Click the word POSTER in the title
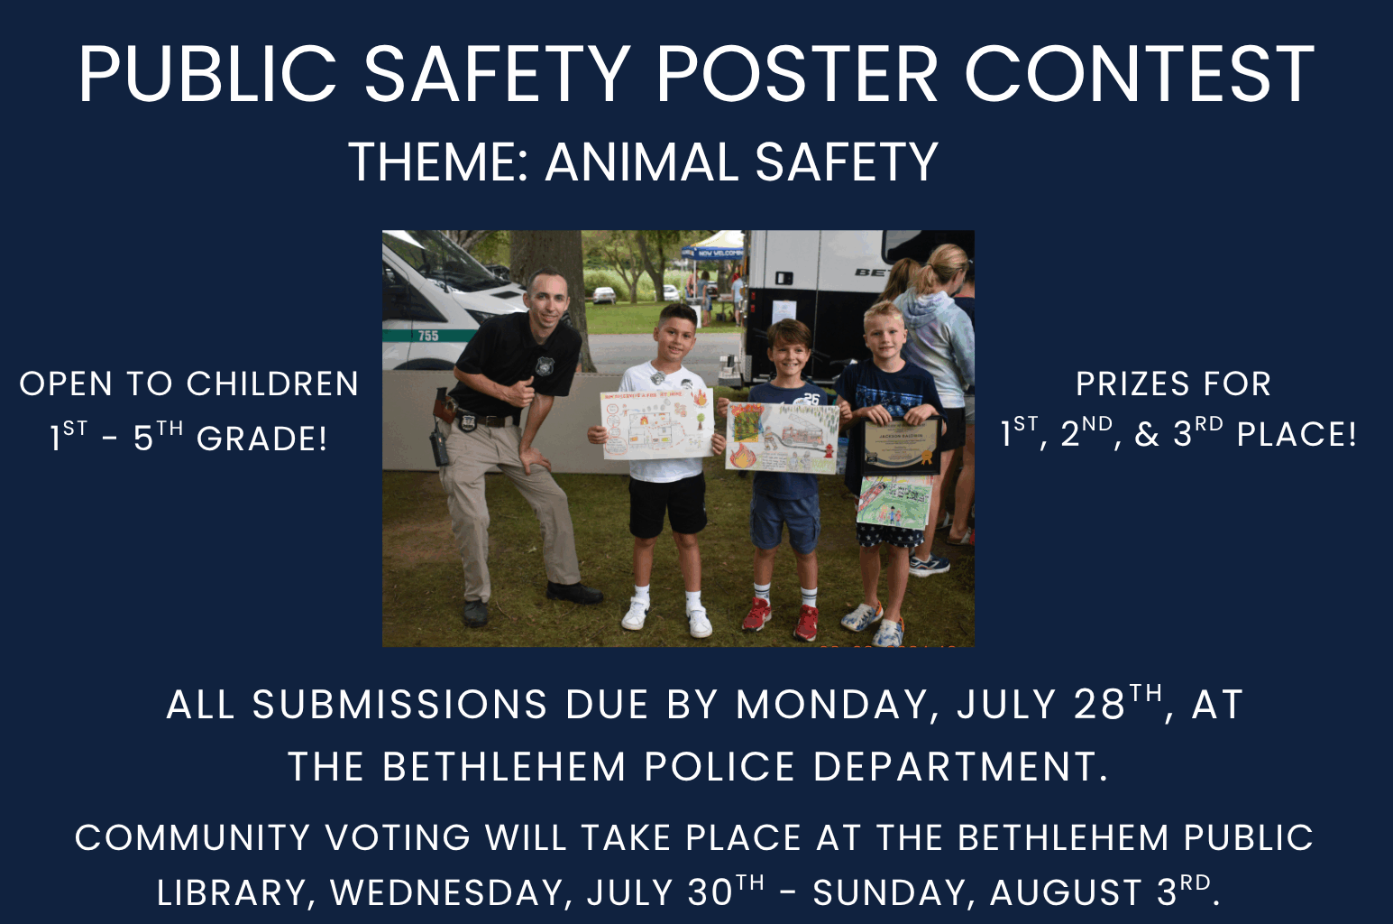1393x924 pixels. [797, 73]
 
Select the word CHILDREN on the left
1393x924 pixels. [272, 383]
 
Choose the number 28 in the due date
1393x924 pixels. [1099, 705]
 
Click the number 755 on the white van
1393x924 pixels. [428, 336]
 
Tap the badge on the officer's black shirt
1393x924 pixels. [545, 366]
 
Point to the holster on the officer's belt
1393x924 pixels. [444, 407]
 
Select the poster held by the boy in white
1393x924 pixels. [656, 424]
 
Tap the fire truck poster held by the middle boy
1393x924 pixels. [783, 438]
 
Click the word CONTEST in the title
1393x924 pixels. [1140, 73]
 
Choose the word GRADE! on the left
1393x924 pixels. [261, 439]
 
